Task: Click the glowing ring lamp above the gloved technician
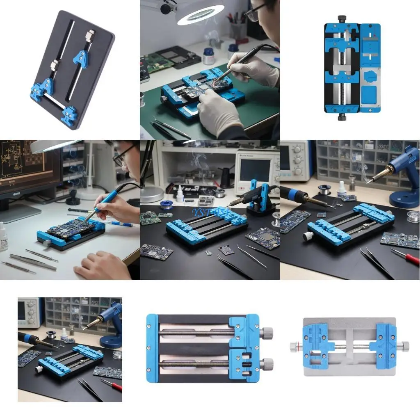pyautogui.click(x=200, y=12)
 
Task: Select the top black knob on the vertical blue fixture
pyautogui.click(x=342, y=19)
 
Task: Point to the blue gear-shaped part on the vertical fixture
pyautogui.click(x=370, y=77)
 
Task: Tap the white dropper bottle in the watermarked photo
pyautogui.click(x=180, y=194)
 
